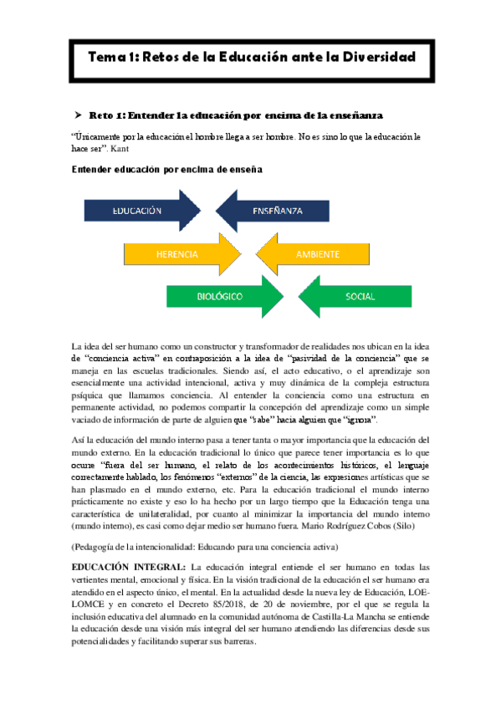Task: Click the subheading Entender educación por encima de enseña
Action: pos(167,170)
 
